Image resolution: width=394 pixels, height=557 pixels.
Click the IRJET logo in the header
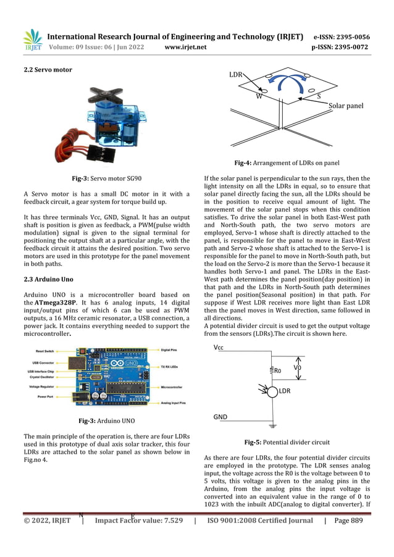click(x=33, y=40)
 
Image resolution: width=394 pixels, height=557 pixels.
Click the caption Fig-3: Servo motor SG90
click(x=107, y=178)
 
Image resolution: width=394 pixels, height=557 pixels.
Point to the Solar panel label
click(x=346, y=106)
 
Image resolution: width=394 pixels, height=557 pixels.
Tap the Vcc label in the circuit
click(x=219, y=348)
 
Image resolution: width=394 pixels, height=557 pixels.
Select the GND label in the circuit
click(x=220, y=417)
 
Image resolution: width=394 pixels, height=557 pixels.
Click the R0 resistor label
click(x=277, y=371)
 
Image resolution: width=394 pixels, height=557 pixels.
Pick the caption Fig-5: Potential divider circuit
click(x=287, y=443)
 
